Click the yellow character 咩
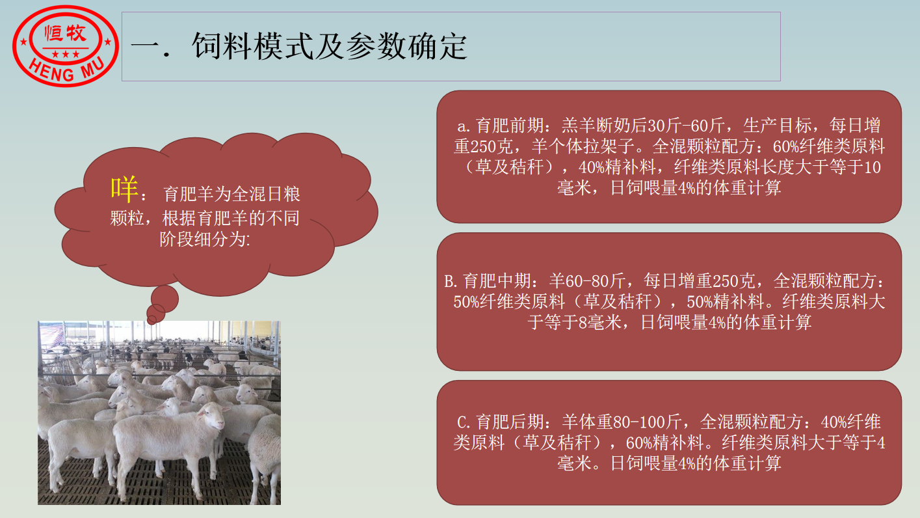[124, 189]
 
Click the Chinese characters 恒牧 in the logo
[66, 33]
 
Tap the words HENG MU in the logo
[66, 68]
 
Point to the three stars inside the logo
[66, 54]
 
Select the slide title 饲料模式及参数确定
[330, 46]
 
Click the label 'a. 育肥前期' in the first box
[500, 126]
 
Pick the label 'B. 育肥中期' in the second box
[488, 280]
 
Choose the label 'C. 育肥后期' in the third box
[500, 422]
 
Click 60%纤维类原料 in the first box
[828, 146]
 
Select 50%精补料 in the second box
[726, 302]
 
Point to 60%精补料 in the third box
[665, 443]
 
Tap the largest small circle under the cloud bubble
[164, 299]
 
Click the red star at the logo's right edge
[108, 42]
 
